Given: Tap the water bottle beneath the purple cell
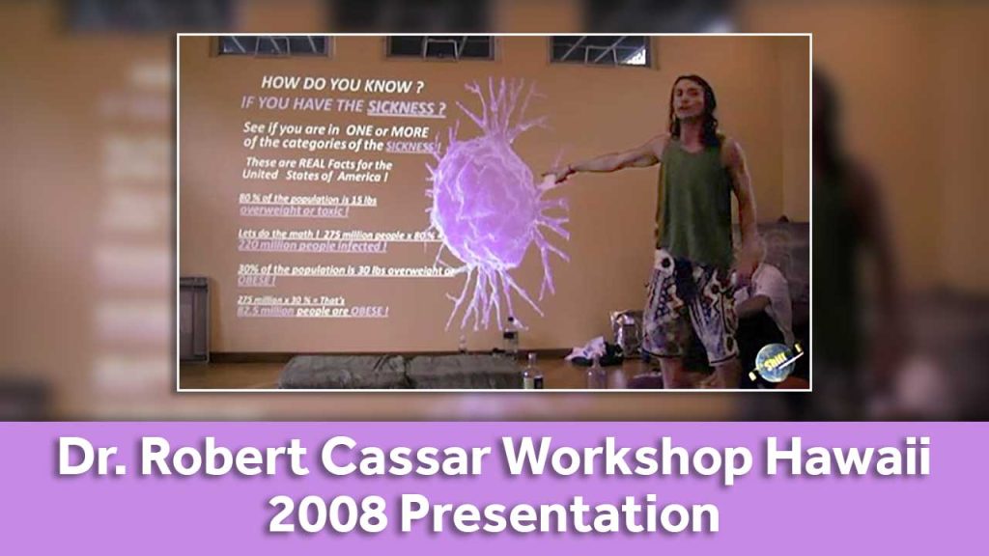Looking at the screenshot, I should point(509,339).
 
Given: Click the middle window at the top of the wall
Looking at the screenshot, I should point(439,46).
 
